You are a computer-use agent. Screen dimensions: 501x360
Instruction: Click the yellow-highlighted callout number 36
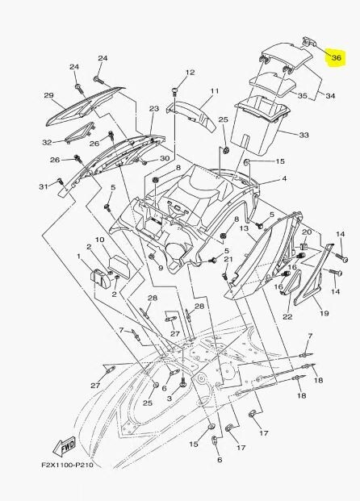coord(337,58)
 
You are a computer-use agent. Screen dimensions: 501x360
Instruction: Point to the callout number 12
coord(190,73)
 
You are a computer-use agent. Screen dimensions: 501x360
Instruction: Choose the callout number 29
coord(48,96)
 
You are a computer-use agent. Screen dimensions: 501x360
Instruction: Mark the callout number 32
coord(47,142)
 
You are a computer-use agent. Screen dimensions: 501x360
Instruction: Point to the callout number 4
coord(283,179)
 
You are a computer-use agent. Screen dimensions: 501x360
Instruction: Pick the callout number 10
coord(100,240)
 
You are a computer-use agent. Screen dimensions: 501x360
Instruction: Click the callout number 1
coord(79,257)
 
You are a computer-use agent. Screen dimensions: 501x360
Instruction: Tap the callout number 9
coord(160,268)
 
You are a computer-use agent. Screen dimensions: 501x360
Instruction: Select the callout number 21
coord(228,260)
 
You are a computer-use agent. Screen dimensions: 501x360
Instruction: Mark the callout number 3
coord(170,399)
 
